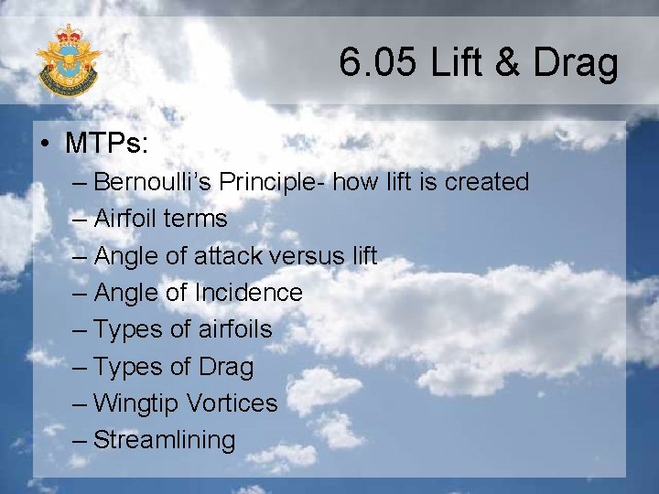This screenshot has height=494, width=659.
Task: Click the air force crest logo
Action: coord(68,60)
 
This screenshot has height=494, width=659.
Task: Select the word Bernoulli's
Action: coord(153,182)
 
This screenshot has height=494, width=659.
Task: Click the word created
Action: coord(487,182)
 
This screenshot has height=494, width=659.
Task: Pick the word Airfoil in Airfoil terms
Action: coord(126,219)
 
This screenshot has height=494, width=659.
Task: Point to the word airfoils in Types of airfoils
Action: coord(232,329)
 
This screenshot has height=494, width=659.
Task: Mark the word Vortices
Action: coord(232,403)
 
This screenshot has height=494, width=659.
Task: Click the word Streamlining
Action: coord(165,440)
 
